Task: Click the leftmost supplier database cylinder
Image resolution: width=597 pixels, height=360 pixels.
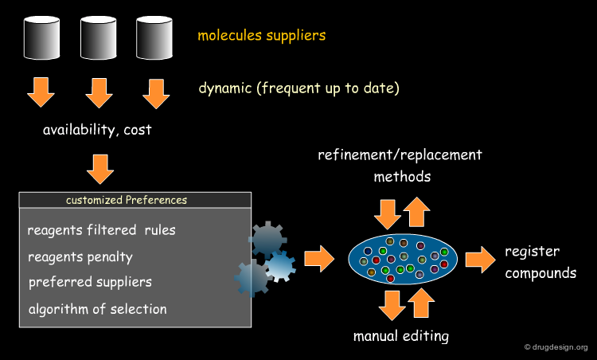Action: [x=41, y=37]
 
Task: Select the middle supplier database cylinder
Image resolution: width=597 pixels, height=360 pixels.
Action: [x=98, y=37]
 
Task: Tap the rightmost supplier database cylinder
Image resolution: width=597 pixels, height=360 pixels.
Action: [x=154, y=37]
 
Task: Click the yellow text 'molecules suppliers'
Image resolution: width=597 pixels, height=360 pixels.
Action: [x=262, y=35]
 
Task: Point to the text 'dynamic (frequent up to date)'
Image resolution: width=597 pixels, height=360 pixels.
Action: [x=298, y=88]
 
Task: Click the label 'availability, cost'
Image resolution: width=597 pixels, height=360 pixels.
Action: [x=97, y=130]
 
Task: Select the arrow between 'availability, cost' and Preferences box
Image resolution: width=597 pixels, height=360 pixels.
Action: [x=100, y=169]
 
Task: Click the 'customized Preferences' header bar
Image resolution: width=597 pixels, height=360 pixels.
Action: [x=135, y=200]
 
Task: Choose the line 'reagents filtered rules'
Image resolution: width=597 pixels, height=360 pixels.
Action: [x=101, y=229]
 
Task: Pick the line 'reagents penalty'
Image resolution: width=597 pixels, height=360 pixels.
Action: [x=80, y=257]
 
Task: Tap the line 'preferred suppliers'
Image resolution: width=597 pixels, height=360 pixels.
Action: [x=90, y=282]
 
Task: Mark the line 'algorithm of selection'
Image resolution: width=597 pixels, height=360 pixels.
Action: [x=97, y=309]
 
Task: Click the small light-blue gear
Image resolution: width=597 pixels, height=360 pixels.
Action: [x=281, y=266]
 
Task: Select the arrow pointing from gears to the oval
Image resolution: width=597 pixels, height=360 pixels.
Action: [x=319, y=259]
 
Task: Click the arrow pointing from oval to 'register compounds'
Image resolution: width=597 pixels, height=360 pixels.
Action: [x=481, y=260]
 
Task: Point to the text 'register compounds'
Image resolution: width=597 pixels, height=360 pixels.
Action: [x=540, y=262]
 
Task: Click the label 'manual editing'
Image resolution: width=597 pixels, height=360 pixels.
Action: [x=401, y=336]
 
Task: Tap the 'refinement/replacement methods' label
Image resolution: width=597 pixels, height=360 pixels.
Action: [x=400, y=166]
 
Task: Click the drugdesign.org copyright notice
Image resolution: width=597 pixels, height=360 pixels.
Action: [x=556, y=347]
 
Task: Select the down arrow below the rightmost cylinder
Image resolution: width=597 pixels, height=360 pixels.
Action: [x=156, y=94]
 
